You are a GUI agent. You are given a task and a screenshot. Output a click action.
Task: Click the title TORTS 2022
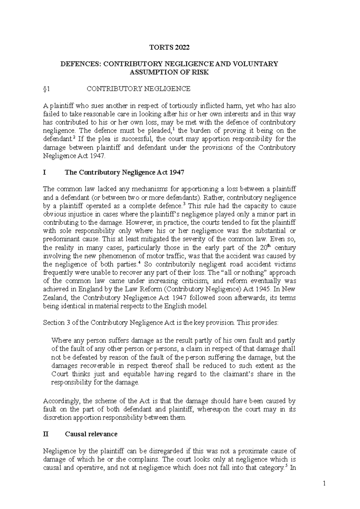click(170, 47)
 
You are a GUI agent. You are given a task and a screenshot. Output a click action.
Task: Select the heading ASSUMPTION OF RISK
click(169, 72)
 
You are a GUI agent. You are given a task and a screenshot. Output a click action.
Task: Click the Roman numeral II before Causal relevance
click(46, 434)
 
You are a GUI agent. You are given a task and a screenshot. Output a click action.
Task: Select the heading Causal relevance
click(91, 434)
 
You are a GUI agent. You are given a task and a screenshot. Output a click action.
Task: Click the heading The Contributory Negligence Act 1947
click(124, 173)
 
